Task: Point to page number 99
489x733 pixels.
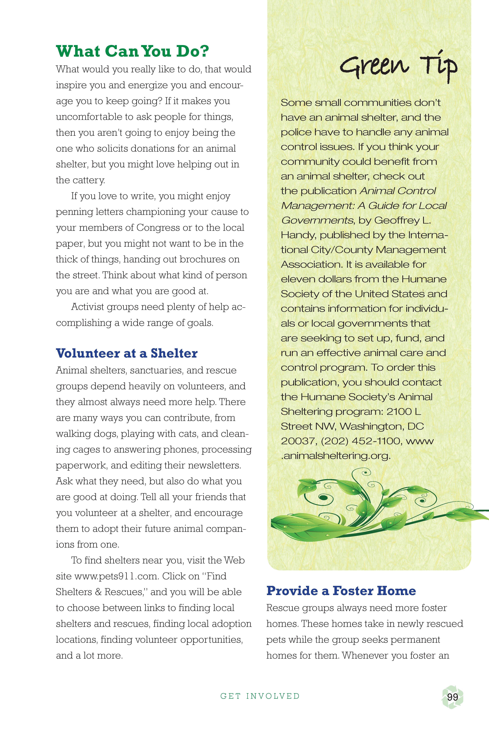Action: [x=452, y=697]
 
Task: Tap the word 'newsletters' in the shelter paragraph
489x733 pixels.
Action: [x=214, y=465]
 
